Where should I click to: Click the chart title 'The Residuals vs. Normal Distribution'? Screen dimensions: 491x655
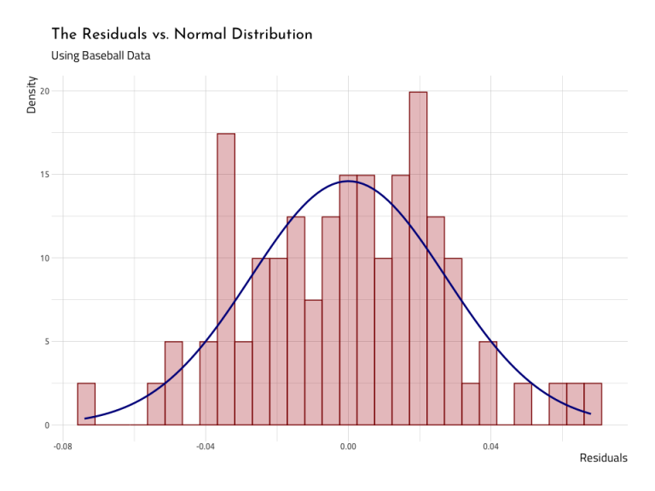click(x=182, y=34)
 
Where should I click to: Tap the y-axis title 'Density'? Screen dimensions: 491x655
click(x=32, y=95)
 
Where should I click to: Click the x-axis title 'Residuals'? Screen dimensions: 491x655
click(x=603, y=458)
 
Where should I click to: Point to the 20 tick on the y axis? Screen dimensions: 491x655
click(x=45, y=91)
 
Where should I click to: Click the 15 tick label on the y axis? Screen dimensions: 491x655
click(x=45, y=175)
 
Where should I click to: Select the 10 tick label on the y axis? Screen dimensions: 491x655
click(x=45, y=258)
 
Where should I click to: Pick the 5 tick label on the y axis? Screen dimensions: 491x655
click(x=47, y=342)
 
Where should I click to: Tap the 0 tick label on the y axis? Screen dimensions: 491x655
click(x=47, y=425)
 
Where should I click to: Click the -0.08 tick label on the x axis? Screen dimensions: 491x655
click(x=62, y=446)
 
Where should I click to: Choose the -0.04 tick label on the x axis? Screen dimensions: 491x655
click(x=205, y=446)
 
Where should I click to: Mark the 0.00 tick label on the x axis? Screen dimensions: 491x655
click(x=348, y=446)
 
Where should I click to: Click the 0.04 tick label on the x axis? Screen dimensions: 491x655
click(x=490, y=446)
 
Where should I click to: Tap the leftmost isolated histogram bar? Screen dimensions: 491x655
click(x=86, y=404)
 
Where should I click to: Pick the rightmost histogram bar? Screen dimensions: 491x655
click(x=593, y=404)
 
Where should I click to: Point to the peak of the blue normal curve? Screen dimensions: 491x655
click(x=347, y=181)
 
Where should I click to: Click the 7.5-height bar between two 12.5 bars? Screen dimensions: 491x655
click(x=313, y=362)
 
